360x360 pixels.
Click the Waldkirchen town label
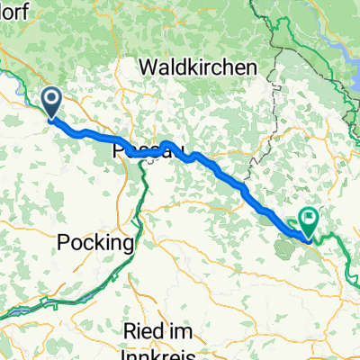point(198,67)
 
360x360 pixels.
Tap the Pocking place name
point(95,243)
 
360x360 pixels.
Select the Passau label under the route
point(144,154)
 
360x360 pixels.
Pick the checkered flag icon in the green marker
point(310,216)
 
